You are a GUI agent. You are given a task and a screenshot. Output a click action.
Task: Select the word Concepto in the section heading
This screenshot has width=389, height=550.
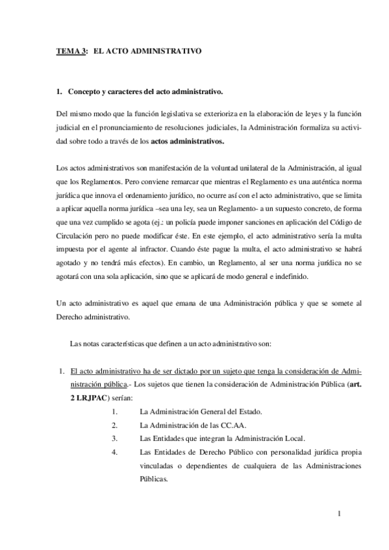(86, 91)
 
